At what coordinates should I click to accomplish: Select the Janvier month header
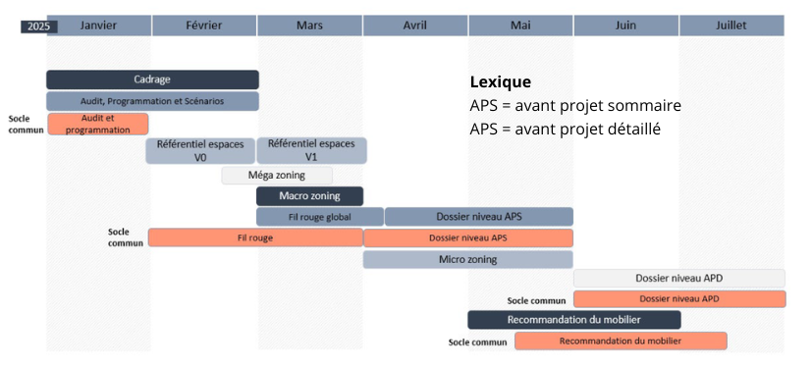(99, 26)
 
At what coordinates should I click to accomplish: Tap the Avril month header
(415, 26)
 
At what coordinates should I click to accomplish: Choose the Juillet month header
(731, 26)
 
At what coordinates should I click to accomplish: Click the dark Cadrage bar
(152, 79)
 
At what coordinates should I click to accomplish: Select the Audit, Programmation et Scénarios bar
(152, 101)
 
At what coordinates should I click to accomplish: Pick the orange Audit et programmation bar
(98, 125)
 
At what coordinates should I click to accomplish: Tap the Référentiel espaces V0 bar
(200, 150)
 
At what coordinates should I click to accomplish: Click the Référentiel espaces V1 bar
(312, 150)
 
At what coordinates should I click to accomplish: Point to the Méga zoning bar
(277, 176)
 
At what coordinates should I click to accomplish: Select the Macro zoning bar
(309, 196)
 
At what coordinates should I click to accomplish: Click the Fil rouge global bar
(320, 217)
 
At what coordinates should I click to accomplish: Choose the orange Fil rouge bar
(256, 238)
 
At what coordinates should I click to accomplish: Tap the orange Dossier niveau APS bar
(468, 238)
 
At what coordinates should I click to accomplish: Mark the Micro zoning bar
(467, 259)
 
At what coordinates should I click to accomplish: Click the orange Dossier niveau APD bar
(679, 299)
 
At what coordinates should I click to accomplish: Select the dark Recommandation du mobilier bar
(574, 320)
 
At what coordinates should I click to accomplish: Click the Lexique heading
(500, 82)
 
